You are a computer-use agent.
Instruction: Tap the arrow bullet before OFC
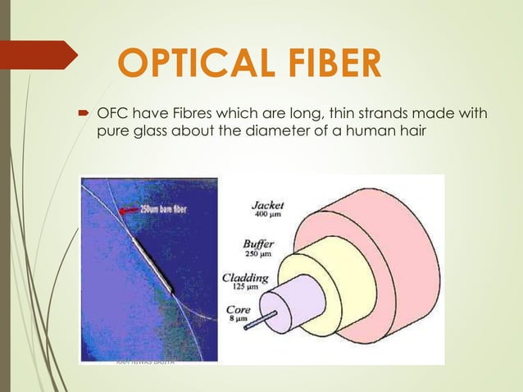pos(83,114)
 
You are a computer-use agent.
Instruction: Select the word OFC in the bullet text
pos(112,113)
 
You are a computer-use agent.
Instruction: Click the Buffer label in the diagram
pos(258,244)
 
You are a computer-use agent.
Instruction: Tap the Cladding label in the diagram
pos(245,278)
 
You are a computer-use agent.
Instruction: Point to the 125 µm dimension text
pos(243,289)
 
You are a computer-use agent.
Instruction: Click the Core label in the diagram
pos(239,312)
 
